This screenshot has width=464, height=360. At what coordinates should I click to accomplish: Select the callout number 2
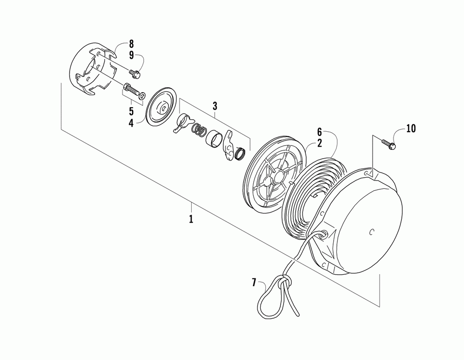pos(319,143)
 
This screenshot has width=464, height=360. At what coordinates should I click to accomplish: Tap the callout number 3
pos(215,106)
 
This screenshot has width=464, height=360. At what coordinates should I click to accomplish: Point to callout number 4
pos(131,123)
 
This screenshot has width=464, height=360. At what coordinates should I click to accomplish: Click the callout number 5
pos(131,111)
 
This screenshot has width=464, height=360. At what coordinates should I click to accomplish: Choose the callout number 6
pos(319,132)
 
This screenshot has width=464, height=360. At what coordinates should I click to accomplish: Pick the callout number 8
pos(131,44)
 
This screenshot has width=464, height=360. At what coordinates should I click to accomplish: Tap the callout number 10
pos(411,128)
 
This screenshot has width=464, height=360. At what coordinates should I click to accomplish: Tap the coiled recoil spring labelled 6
pos(306,195)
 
